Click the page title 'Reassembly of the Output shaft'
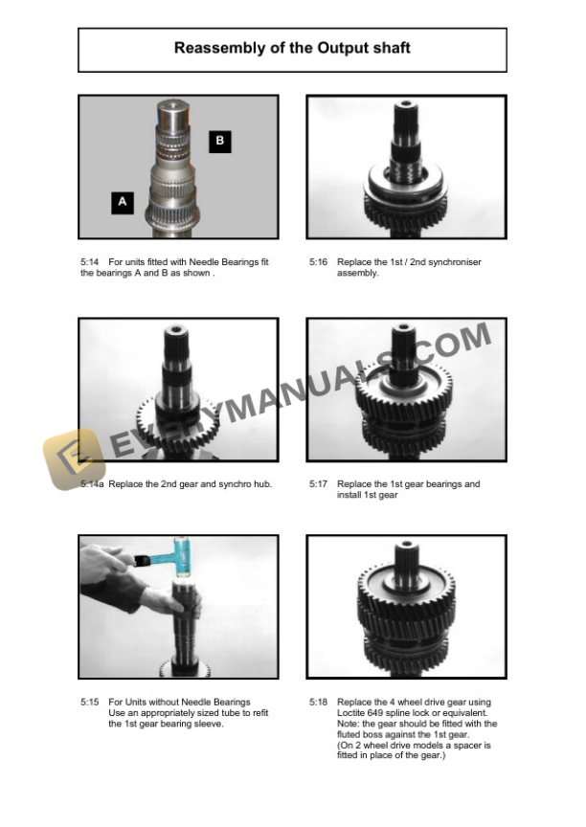[292, 48]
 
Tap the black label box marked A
[122, 202]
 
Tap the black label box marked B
[219, 142]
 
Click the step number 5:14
[90, 262]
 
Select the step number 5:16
[318, 262]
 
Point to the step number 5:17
[318, 484]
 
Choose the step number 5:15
[90, 703]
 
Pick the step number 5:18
[318, 703]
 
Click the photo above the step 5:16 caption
[406, 167]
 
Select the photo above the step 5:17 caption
[406, 391]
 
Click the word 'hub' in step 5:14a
[263, 484]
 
